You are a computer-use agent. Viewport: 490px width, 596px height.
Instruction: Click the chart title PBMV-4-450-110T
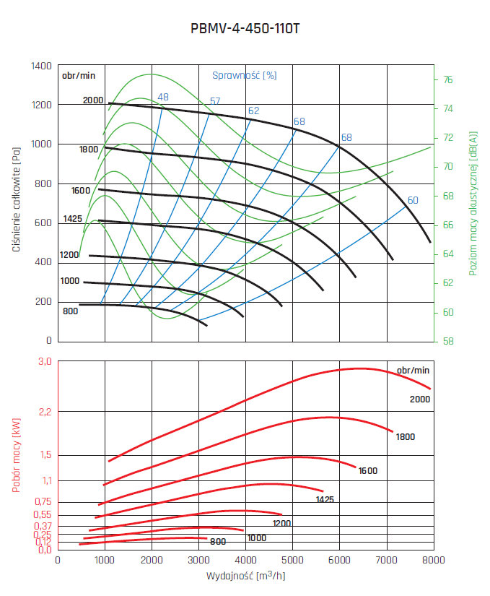tap(245, 30)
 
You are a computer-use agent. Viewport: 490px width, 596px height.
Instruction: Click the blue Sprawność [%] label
tap(245, 74)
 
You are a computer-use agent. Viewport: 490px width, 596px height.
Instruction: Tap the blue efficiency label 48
tap(163, 97)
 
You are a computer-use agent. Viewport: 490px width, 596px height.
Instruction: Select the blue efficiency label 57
tap(215, 101)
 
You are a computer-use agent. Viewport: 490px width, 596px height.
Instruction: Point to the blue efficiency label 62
tap(253, 111)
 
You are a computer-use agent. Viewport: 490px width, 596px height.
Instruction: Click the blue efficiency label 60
tap(413, 200)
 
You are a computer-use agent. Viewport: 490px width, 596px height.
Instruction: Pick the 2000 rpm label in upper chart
tap(93, 100)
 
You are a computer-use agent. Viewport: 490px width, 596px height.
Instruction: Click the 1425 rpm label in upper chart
tap(73, 217)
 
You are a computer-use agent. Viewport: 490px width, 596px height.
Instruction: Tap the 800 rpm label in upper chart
tap(69, 311)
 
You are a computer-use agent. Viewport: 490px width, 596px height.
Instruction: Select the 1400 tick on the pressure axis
tap(41, 66)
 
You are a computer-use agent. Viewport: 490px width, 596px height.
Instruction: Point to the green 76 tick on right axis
tap(447, 79)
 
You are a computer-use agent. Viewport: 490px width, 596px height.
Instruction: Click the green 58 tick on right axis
tap(447, 341)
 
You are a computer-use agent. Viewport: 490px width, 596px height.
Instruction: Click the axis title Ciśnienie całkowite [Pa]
tap(16, 202)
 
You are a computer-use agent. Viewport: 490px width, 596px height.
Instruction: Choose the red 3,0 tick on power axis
tap(45, 361)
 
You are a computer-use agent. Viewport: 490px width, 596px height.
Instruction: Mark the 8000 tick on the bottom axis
tap(433, 560)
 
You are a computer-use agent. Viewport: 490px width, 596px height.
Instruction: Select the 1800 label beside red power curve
tap(405, 436)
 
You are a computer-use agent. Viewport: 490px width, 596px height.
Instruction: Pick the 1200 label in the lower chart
tap(281, 523)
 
